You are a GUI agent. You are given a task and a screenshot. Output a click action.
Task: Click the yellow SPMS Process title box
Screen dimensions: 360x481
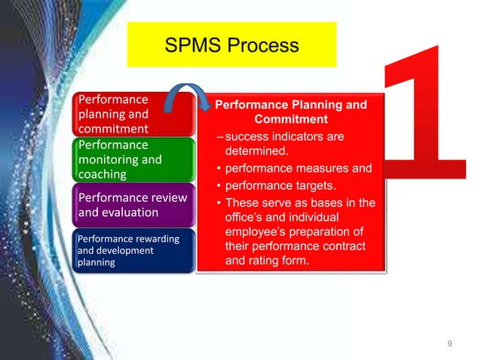click(231, 45)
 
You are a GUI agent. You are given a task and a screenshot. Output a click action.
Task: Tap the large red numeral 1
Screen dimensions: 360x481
click(426, 113)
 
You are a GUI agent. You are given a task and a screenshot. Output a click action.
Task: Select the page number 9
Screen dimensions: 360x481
click(449, 344)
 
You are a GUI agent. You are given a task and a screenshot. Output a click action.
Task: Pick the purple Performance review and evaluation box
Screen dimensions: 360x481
click(134, 204)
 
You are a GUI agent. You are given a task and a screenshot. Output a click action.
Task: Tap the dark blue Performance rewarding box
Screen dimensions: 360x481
click(134, 250)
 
